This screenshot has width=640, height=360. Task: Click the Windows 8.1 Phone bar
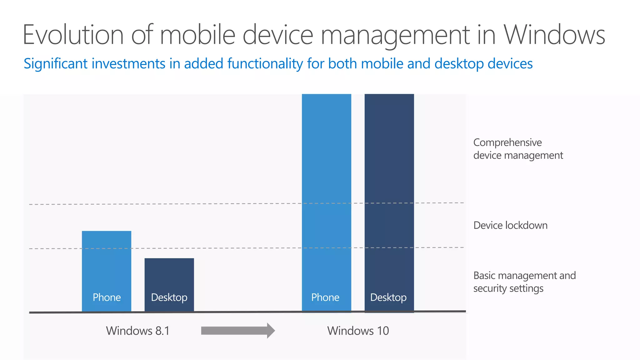[107, 266]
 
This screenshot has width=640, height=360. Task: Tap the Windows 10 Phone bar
[327, 187]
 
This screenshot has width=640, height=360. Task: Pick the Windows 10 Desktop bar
[389, 187]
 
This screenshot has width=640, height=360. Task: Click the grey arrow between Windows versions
[238, 331]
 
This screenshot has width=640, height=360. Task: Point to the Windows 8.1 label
[137, 331]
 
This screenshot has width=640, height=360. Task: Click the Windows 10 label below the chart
[358, 331]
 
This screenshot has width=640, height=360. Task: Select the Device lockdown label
[510, 225]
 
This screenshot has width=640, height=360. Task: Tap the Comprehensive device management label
[518, 149]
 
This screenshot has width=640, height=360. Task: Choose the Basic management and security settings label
[524, 282]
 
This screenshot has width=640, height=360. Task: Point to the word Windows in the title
[554, 35]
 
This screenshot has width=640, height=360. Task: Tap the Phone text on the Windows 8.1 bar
[107, 297]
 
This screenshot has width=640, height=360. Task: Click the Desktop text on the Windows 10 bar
[388, 297]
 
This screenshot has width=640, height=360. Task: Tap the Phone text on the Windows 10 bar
[325, 297]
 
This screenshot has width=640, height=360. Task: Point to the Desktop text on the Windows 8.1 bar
[169, 297]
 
